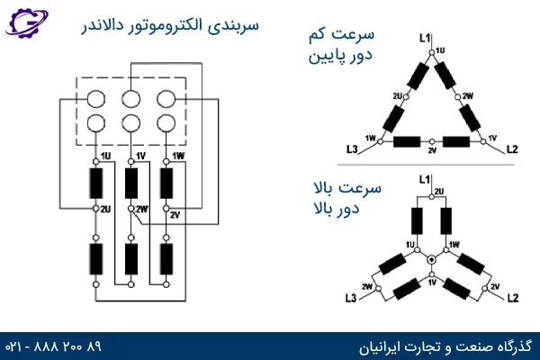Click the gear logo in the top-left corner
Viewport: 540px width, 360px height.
(x=26, y=22)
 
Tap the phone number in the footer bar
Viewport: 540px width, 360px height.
(x=53, y=346)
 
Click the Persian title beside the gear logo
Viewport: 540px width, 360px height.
(x=170, y=26)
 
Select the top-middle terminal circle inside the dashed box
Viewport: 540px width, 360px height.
(x=131, y=99)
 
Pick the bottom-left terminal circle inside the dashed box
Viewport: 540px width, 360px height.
(x=96, y=123)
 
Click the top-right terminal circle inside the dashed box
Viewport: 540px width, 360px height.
(x=166, y=99)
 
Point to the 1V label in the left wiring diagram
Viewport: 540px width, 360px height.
(x=141, y=157)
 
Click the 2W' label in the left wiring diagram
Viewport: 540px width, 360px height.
(x=142, y=209)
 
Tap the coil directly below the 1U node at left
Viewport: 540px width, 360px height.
(x=96, y=184)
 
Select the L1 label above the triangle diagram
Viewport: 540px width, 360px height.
(x=425, y=38)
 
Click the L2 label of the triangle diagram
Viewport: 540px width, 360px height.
(x=512, y=149)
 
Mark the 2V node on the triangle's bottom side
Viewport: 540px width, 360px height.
(x=432, y=141)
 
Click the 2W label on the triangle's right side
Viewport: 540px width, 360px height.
(x=468, y=96)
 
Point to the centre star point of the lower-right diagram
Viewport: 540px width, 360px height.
(x=431, y=259)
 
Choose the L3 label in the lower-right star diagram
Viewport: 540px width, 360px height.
(x=351, y=298)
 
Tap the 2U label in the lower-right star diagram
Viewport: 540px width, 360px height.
(x=439, y=191)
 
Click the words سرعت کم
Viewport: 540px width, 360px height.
(x=342, y=34)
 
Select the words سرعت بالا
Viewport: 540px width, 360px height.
(x=347, y=188)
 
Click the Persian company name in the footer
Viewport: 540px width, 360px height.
(x=445, y=346)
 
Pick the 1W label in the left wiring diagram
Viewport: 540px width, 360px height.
(x=178, y=157)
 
